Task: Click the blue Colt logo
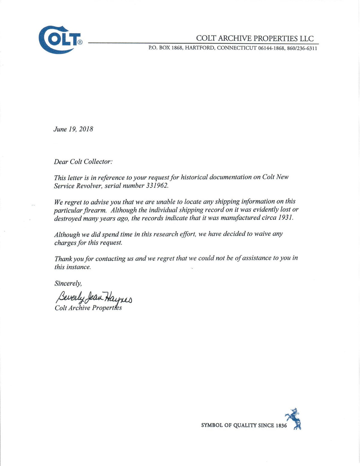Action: click(x=60, y=40)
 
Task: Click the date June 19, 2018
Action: click(x=73, y=129)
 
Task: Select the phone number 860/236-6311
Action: click(x=302, y=48)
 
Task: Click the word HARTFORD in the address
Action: click(x=199, y=48)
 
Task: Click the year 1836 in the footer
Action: click(x=281, y=425)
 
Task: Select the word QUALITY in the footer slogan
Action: click(x=244, y=425)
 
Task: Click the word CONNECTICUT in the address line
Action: click(x=237, y=48)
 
